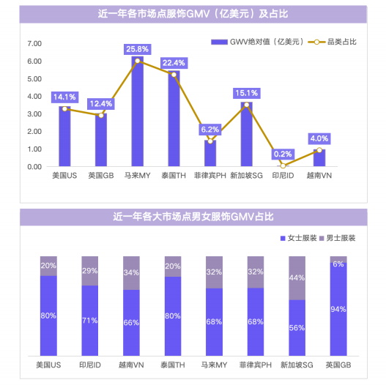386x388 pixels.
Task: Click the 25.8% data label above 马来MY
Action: [137, 49]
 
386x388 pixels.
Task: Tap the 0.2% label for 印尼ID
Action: [282, 154]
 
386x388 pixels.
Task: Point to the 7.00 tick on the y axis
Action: [34, 44]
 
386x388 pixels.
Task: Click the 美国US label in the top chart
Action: [64, 176]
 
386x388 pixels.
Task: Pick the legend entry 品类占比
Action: [337, 42]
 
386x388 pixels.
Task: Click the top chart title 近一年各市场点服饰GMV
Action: [193, 13]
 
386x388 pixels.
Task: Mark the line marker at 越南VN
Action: [319, 150]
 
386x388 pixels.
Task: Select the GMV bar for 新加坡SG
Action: [246, 135]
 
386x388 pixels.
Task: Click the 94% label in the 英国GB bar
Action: [338, 309]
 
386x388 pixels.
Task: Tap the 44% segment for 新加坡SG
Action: [297, 277]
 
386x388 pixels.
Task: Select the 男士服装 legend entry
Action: [341, 238]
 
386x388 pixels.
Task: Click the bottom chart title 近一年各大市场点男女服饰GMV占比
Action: [193, 217]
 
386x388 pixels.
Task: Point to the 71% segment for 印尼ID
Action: [90, 319]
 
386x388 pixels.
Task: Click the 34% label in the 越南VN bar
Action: [132, 272]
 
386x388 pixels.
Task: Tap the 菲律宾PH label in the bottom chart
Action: [256, 364]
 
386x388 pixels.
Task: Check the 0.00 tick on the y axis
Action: [34, 167]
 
